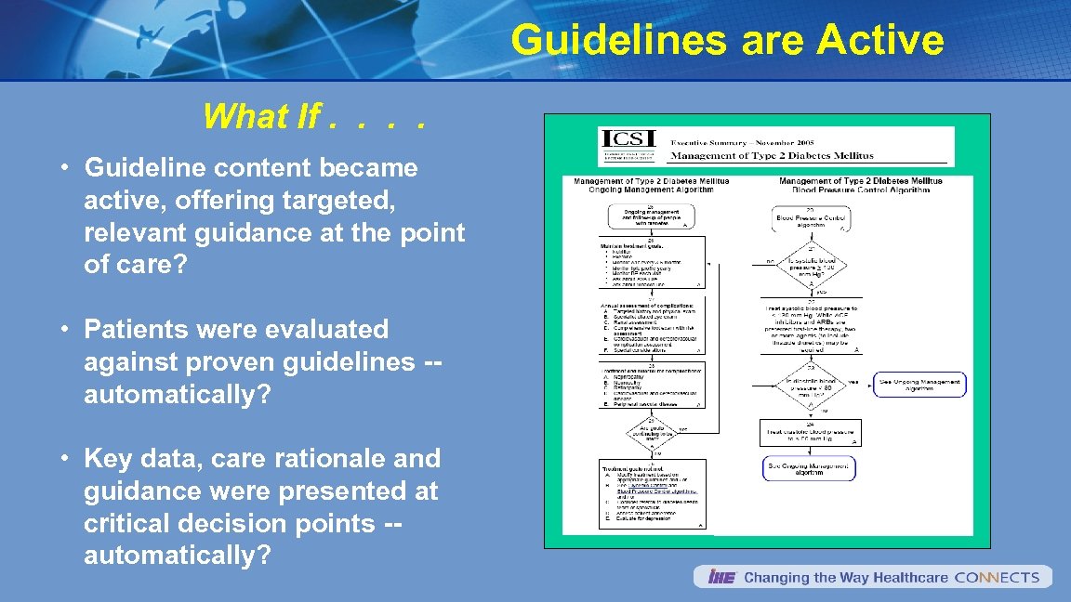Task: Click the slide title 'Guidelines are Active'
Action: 727,41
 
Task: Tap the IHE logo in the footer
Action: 721,577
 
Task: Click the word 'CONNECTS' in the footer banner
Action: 997,577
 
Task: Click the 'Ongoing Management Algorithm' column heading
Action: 651,190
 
